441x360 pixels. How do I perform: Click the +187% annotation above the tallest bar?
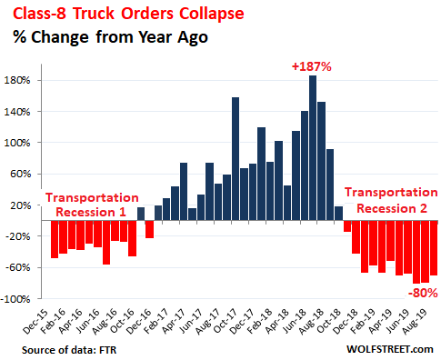[x=312, y=66]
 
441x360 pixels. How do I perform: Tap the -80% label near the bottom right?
[x=423, y=293]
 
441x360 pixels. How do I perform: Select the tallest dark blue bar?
[x=313, y=148]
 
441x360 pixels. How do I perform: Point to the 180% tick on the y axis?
[x=17, y=81]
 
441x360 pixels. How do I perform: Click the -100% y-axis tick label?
[x=15, y=299]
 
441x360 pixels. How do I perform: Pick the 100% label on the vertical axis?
[x=17, y=143]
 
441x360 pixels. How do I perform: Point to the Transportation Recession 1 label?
[x=92, y=205]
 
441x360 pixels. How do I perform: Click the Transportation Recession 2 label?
[x=391, y=200]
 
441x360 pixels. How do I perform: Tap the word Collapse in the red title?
[x=212, y=14]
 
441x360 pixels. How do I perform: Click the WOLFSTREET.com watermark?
[x=390, y=349]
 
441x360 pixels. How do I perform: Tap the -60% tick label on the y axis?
[x=17, y=267]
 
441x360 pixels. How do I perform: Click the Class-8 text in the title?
[x=39, y=14]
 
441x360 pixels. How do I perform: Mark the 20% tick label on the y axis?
[x=21, y=205]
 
